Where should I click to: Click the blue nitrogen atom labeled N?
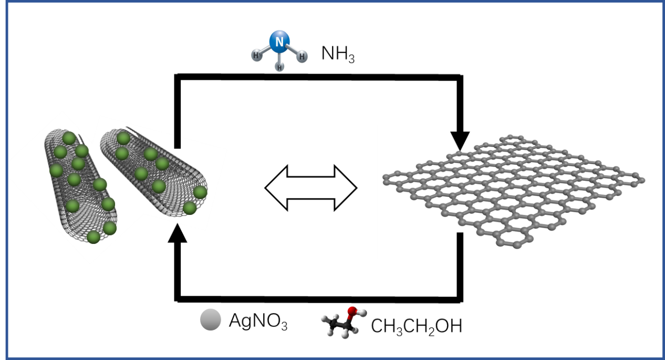click(279, 42)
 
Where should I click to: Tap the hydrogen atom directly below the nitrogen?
click(280, 67)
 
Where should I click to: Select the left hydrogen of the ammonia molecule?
click(256, 55)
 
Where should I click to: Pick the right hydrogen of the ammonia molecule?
click(303, 56)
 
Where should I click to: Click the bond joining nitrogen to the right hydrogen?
click(292, 49)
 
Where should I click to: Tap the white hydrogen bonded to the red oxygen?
click(362, 312)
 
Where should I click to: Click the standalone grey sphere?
click(211, 320)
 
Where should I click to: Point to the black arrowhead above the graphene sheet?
click(460, 141)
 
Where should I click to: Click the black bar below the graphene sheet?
click(460, 245)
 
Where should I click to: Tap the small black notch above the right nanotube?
click(178, 141)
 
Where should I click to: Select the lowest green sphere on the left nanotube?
click(93, 237)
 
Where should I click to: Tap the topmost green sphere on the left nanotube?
click(69, 138)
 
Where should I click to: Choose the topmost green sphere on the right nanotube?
click(123, 138)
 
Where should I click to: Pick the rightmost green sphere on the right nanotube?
click(200, 192)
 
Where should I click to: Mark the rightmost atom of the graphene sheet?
click(641, 180)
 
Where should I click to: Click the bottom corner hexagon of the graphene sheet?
click(508, 238)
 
